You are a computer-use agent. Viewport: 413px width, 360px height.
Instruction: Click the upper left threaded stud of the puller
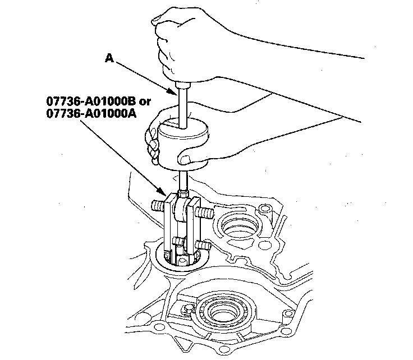tap(159, 205)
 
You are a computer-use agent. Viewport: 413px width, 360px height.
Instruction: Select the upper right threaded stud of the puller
tap(206, 213)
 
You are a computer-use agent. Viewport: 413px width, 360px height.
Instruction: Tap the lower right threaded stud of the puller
tap(203, 246)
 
